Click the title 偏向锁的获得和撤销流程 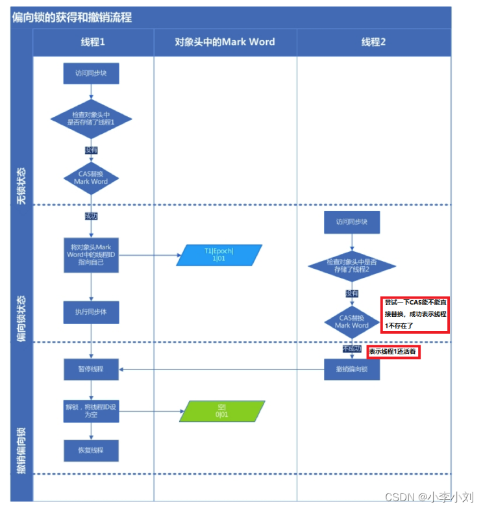click(72, 18)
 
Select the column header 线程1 click(92, 42)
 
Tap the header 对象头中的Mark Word click(225, 42)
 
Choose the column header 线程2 click(374, 42)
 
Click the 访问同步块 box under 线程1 click(91, 73)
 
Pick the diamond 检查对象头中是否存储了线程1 click(91, 118)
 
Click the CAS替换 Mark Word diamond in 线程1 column click(91, 178)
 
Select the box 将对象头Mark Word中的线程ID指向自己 click(91, 255)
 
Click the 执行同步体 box click(91, 312)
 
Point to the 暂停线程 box click(91, 369)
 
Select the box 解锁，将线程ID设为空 click(91, 411)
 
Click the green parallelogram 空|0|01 click(222, 411)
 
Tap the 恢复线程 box click(91, 450)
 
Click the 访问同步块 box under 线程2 click(352, 221)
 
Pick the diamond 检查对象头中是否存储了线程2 click(352, 266)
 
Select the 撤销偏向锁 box click(352, 369)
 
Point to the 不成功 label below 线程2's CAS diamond click(352, 349)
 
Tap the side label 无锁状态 click(21, 186)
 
